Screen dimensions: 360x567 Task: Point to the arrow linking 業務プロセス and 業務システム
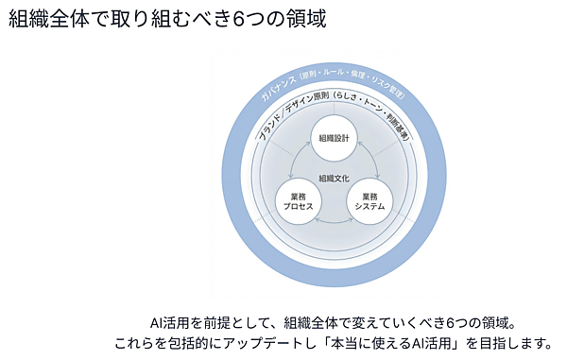pos(333,224)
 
